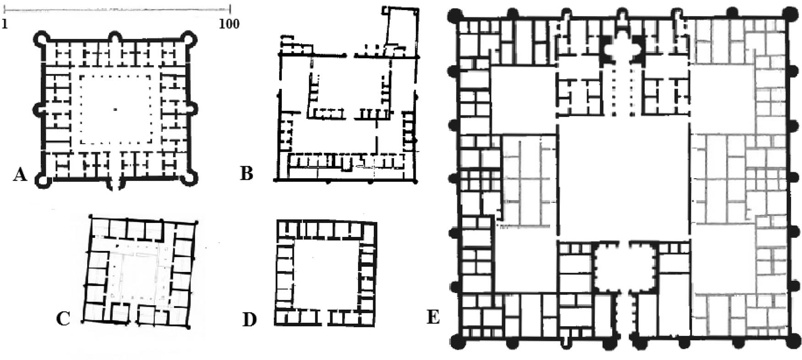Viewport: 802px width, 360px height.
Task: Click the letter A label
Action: point(20,174)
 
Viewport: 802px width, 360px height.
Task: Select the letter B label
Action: point(247,174)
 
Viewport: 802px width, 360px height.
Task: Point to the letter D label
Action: point(249,320)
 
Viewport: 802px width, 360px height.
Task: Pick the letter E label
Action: point(433,317)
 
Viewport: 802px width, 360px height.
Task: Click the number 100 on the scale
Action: point(229,23)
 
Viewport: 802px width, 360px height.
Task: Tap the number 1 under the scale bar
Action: point(5,23)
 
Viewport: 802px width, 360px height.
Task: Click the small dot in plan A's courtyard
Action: point(115,109)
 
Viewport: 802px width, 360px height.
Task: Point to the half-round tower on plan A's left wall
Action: point(40,109)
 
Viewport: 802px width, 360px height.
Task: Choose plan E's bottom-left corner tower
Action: point(458,341)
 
